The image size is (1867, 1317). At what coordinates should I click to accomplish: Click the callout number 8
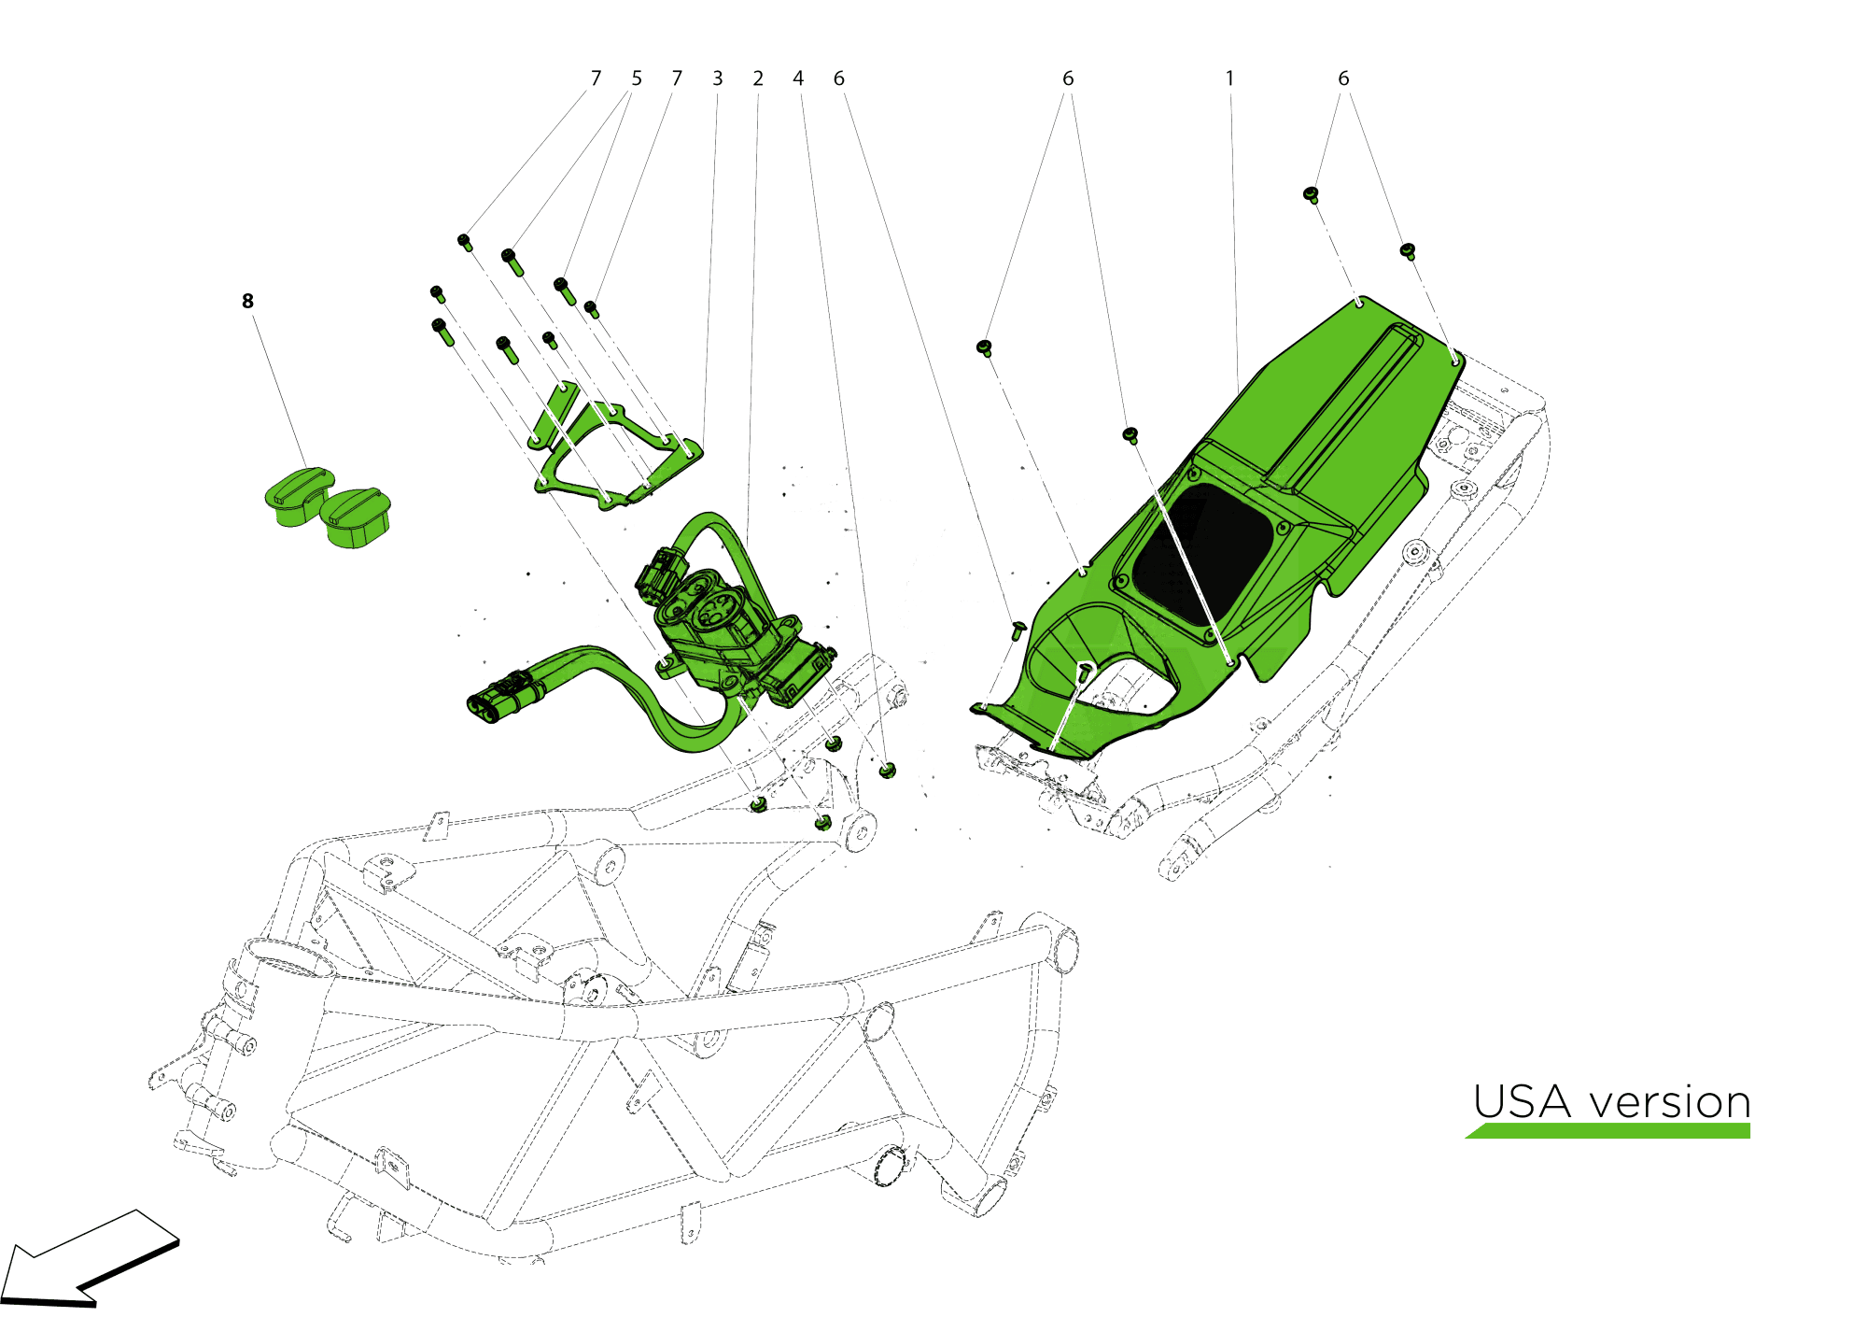tap(247, 301)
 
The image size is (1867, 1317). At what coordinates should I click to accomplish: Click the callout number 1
tap(1229, 78)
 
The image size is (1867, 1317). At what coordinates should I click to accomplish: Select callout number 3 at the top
tap(717, 78)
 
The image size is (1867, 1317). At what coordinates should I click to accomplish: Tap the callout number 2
tap(758, 78)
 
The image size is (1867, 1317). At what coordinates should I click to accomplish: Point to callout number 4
tap(798, 78)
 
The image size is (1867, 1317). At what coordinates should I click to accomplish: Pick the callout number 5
tap(637, 78)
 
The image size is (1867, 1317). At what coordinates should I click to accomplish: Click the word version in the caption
tap(1670, 1104)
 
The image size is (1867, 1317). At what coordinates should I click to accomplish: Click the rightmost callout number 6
tap(1343, 78)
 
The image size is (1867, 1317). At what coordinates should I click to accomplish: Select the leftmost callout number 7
tap(596, 78)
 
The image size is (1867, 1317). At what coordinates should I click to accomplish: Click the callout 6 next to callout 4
tap(839, 78)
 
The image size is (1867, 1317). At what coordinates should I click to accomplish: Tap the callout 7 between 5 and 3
tap(677, 78)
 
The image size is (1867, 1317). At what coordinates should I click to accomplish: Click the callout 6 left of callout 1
tap(1068, 78)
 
